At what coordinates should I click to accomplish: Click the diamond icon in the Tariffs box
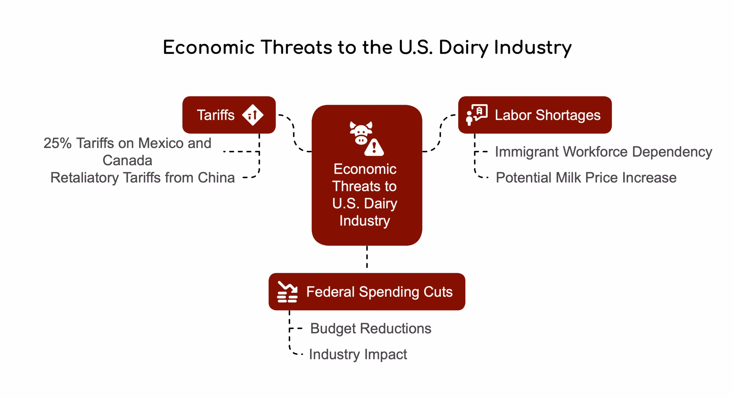(252, 115)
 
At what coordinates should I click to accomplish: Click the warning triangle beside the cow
(374, 147)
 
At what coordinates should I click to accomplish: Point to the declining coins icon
(287, 292)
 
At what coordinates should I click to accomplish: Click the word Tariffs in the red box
(215, 115)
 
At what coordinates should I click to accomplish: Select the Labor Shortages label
(548, 115)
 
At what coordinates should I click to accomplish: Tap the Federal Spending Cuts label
(379, 292)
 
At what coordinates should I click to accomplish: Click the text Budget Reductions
(371, 329)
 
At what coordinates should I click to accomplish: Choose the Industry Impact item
(358, 354)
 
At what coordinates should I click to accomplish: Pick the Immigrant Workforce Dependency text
(603, 152)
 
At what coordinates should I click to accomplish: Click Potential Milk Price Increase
(586, 178)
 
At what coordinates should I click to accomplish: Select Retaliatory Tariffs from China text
(142, 178)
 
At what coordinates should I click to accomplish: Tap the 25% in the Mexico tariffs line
(57, 143)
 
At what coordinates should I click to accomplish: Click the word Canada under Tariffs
(127, 160)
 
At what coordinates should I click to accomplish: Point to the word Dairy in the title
(463, 48)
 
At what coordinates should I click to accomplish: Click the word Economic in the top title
(209, 48)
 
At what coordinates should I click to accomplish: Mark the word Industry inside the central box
(365, 221)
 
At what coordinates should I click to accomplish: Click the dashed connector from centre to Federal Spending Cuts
(367, 257)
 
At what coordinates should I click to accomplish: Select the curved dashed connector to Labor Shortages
(440, 133)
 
